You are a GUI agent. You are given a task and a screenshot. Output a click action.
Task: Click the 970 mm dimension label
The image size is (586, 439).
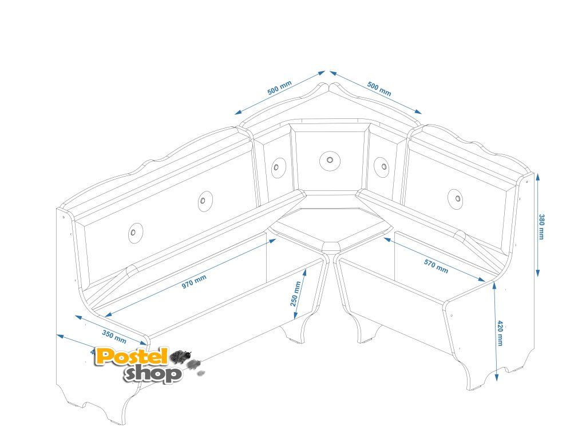tap(194, 282)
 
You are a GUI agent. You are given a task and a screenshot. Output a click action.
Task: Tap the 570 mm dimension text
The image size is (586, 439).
tap(436, 266)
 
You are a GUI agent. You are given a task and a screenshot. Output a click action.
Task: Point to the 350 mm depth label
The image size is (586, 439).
tap(114, 335)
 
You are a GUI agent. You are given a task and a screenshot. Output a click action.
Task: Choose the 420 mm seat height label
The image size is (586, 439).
tap(500, 333)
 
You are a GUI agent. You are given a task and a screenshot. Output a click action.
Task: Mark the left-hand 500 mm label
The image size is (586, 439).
tap(279, 88)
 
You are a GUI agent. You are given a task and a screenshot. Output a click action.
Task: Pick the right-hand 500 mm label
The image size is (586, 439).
tap(379, 89)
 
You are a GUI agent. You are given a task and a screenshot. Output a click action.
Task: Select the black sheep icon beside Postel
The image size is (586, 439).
tap(181, 356)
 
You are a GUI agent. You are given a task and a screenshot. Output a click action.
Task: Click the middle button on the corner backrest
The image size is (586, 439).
tap(328, 161)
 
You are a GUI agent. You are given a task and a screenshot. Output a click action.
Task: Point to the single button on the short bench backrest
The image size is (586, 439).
tap(455, 197)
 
